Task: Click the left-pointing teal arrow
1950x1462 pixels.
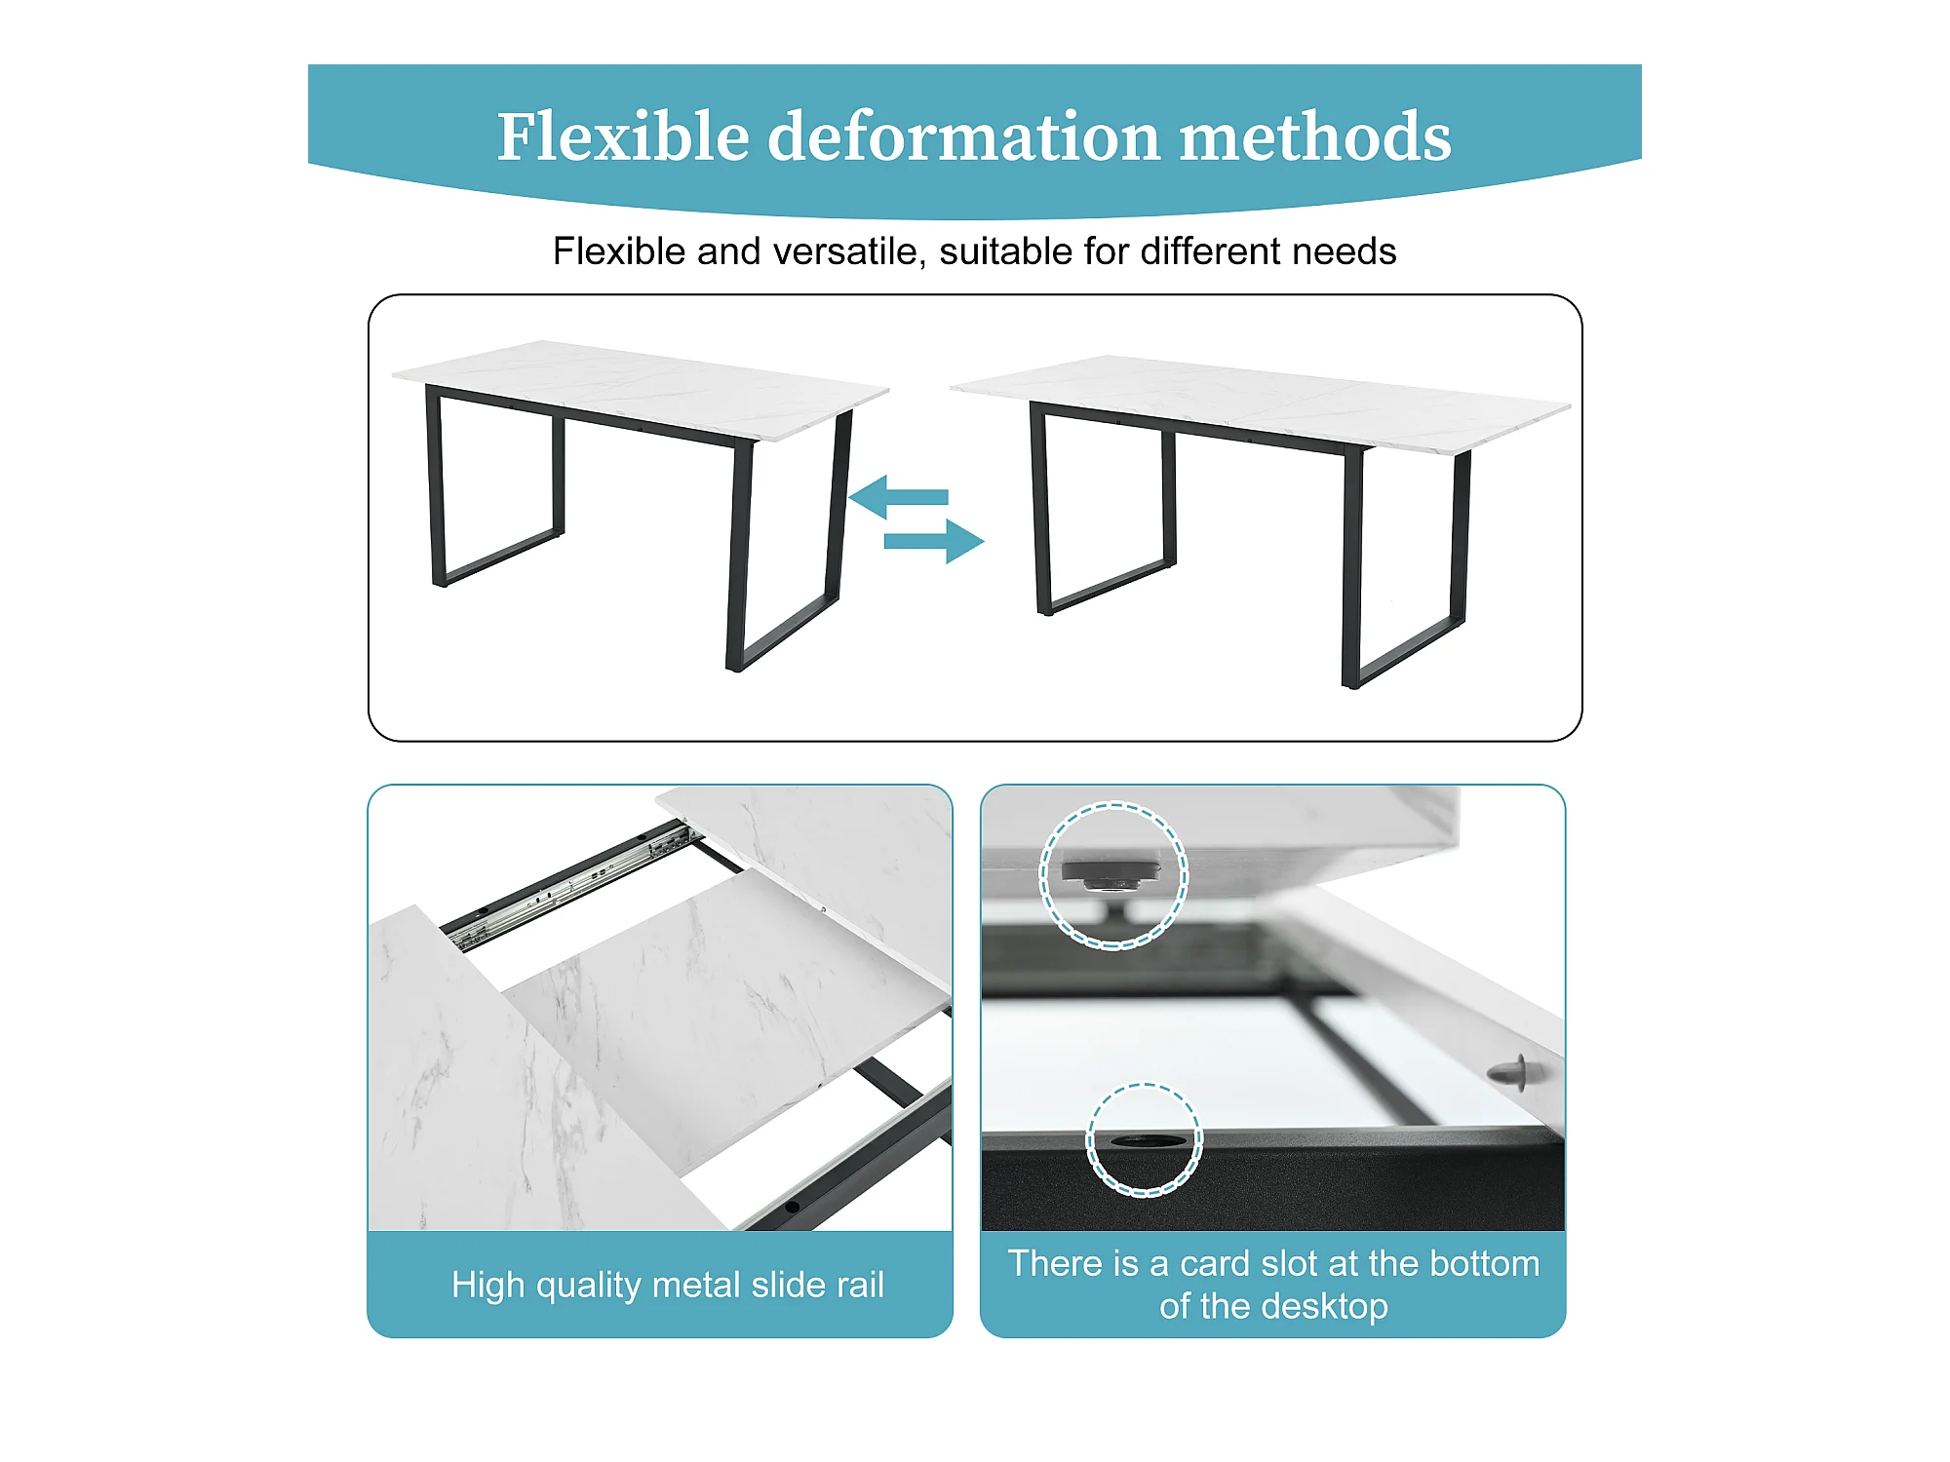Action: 898,497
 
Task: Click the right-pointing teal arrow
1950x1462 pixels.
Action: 934,541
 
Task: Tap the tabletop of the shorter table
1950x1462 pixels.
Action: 641,390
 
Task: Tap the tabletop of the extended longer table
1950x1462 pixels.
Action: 1261,403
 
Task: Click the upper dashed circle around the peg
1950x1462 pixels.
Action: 1113,804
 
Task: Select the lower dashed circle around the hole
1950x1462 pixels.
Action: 1144,1085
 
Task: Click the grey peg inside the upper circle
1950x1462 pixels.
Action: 1111,875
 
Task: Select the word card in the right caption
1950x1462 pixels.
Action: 1215,1263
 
